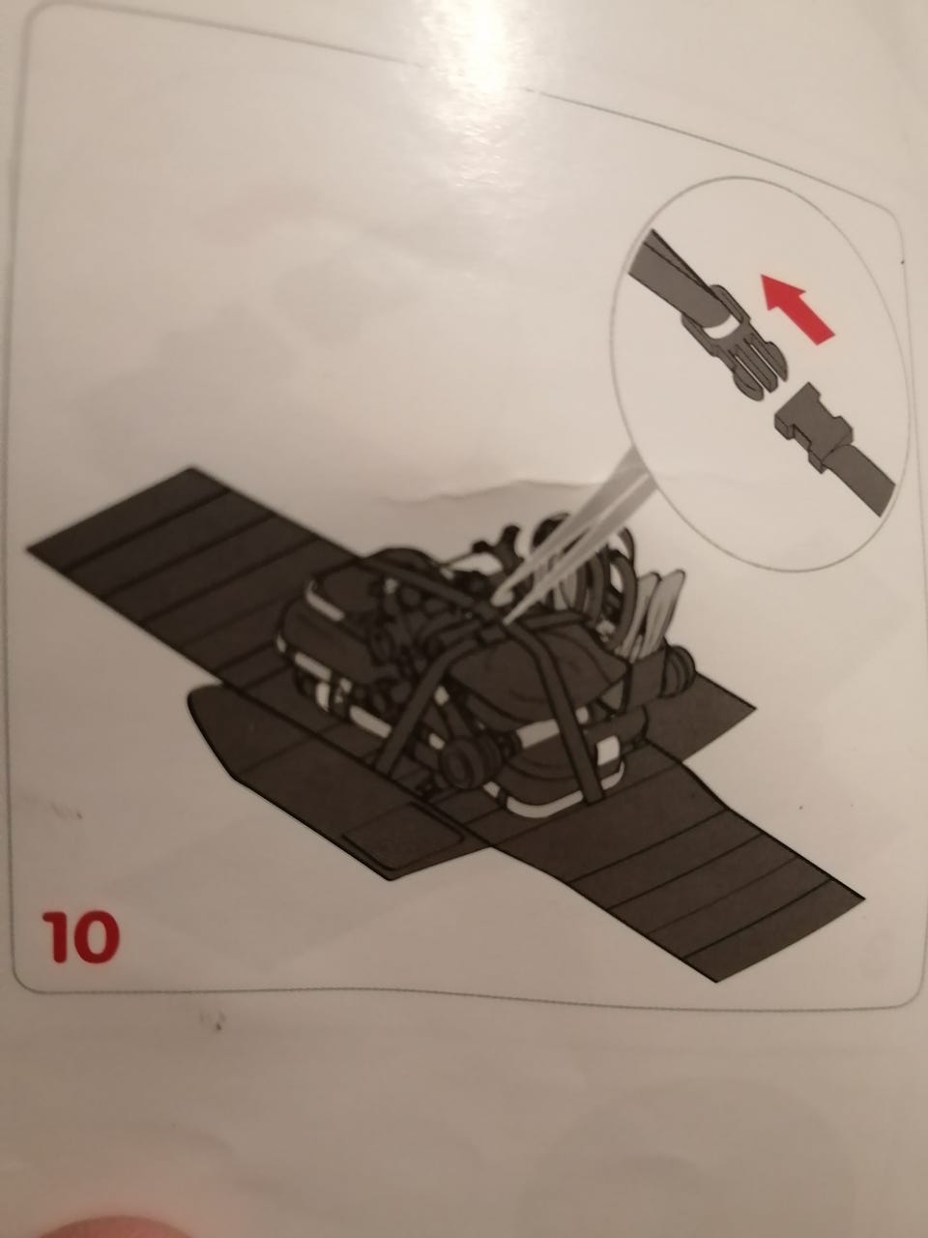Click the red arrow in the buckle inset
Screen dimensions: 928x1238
pos(795,309)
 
